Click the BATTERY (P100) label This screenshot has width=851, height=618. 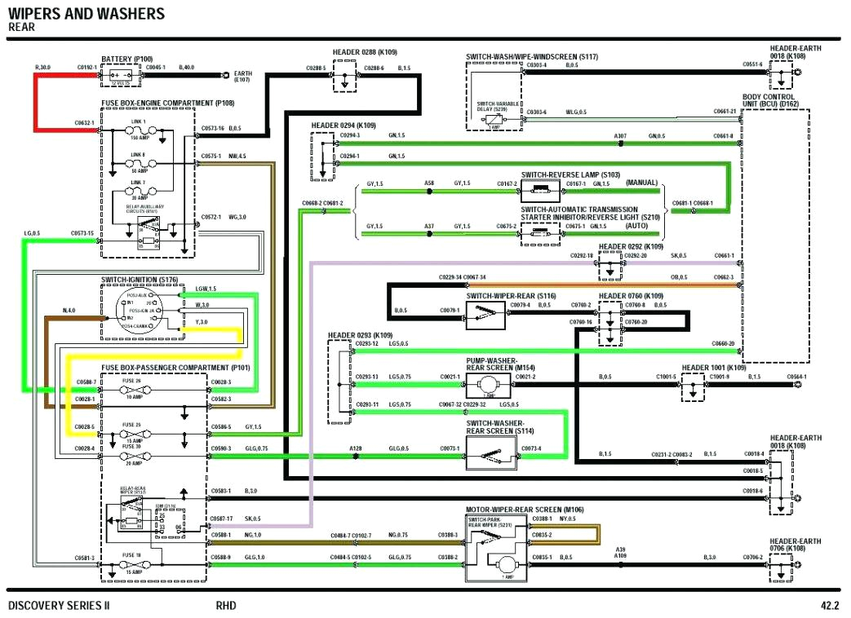pos(126,59)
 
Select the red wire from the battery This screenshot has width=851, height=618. pos(35,102)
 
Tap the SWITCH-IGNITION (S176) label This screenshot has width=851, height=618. pos(139,280)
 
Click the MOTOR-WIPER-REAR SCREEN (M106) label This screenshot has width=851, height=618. pos(525,510)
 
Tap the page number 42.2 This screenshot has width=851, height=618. pos(829,606)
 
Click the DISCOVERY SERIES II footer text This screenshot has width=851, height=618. pos(59,606)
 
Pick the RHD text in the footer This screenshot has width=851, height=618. pos(227,606)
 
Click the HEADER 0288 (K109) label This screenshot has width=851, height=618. pos(365,52)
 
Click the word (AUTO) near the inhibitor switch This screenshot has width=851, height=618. pos(642,225)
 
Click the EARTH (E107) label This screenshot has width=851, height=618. pos(242,77)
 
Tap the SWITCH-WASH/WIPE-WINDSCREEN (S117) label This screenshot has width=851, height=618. pos(532,56)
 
